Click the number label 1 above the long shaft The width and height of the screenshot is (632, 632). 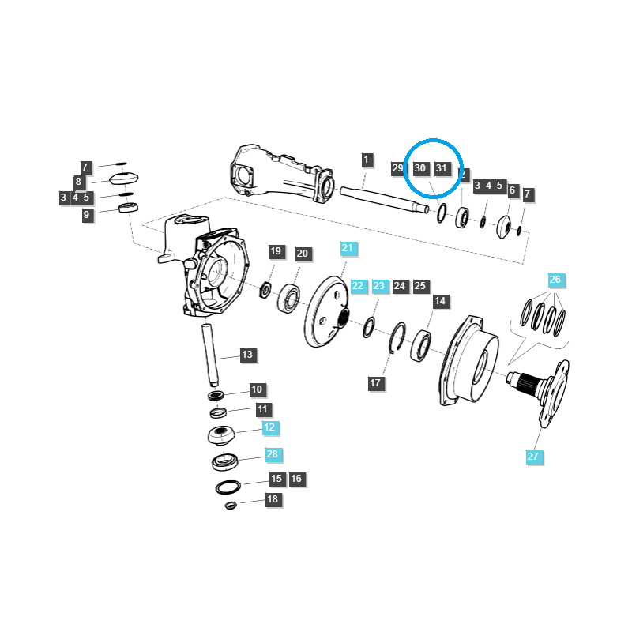[367, 160]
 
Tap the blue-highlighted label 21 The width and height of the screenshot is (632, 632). [348, 248]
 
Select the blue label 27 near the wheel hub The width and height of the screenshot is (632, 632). [532, 456]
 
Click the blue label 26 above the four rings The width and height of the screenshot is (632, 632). [555, 280]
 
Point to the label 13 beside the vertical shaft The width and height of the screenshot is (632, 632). [247, 355]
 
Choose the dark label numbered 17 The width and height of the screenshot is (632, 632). [375, 383]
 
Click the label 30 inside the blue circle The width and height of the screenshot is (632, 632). [420, 168]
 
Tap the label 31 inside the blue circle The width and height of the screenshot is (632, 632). [442, 168]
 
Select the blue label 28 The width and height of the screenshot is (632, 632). [273, 454]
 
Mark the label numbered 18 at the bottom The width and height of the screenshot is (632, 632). [273, 499]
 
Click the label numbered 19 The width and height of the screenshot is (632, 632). [275, 252]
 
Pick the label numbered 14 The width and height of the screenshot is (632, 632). [440, 301]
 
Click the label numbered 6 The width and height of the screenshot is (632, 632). [512, 190]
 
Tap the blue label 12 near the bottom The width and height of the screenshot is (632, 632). [269, 427]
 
